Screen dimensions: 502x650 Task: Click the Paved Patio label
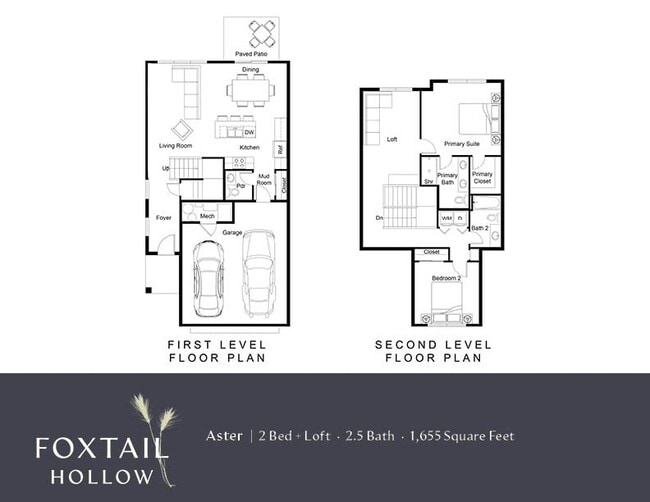[251, 52]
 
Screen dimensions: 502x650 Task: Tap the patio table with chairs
[262, 34]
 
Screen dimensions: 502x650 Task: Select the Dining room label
[251, 70]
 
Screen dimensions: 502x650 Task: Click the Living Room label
[175, 146]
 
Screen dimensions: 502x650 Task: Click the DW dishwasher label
[249, 132]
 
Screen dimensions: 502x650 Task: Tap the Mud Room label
[265, 180]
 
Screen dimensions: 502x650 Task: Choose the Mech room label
[207, 216]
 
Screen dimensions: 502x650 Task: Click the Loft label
[393, 139]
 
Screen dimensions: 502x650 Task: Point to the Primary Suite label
[462, 144]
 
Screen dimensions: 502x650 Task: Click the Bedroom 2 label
[445, 277]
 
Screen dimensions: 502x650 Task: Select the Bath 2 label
[479, 228]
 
